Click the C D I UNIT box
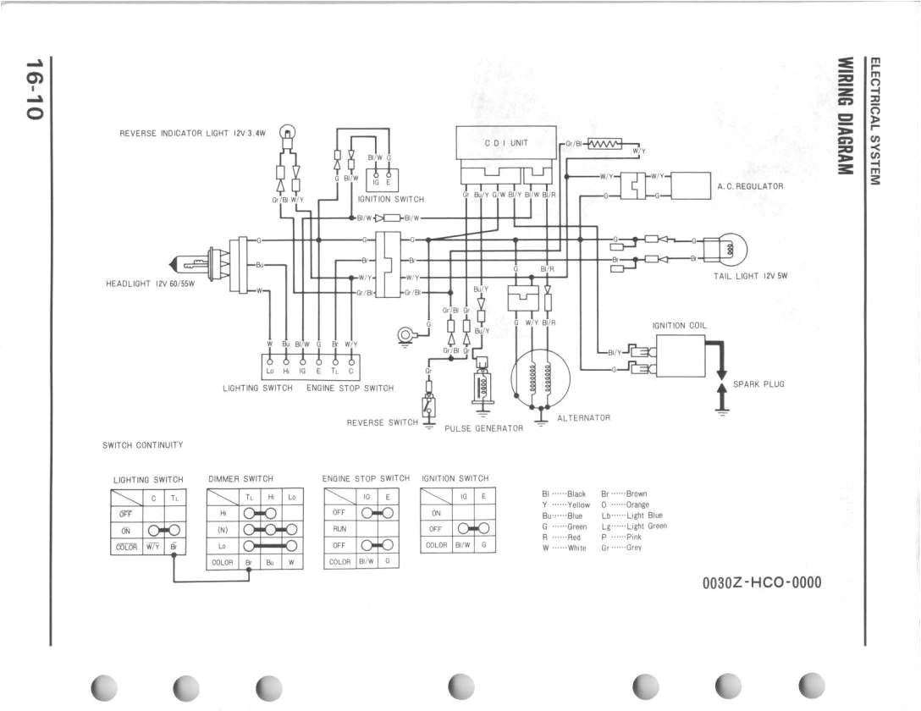pyautogui.click(x=505, y=144)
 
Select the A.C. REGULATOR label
pyautogui.click(x=750, y=186)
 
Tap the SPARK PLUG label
pyautogui.click(x=758, y=384)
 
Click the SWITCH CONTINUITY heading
pyautogui.click(x=142, y=444)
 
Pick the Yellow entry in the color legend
pyautogui.click(x=566, y=504)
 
